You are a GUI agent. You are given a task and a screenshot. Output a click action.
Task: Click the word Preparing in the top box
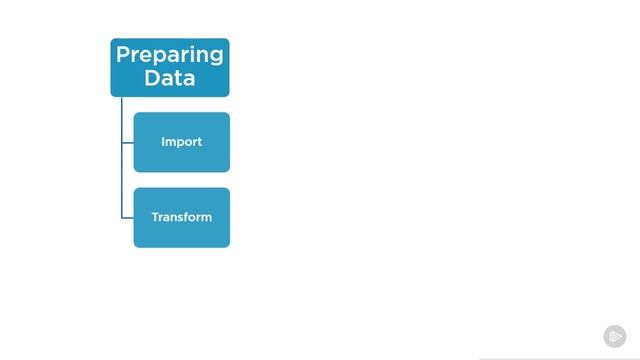click(x=169, y=55)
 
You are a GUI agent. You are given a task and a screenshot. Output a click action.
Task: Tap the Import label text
click(x=181, y=142)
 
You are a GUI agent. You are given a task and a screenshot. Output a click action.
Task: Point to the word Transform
click(x=181, y=217)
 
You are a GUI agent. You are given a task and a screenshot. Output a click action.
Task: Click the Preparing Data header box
click(x=170, y=67)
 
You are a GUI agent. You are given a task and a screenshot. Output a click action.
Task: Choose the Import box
click(x=181, y=142)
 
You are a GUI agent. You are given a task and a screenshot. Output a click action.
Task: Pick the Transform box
click(x=181, y=217)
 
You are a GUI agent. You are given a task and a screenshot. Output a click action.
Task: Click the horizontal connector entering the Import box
click(x=127, y=142)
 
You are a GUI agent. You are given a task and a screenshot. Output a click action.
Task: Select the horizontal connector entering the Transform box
click(x=127, y=217)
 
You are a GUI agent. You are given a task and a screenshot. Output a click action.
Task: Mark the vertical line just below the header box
click(x=121, y=110)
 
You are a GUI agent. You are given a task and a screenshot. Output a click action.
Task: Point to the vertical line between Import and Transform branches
click(x=121, y=180)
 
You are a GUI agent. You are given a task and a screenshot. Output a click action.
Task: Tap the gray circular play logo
click(x=615, y=336)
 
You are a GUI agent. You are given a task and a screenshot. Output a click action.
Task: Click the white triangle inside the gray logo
click(x=616, y=336)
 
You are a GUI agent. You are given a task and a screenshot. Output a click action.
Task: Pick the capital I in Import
click(x=163, y=142)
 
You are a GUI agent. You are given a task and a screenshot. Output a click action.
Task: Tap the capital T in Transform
click(x=155, y=217)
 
